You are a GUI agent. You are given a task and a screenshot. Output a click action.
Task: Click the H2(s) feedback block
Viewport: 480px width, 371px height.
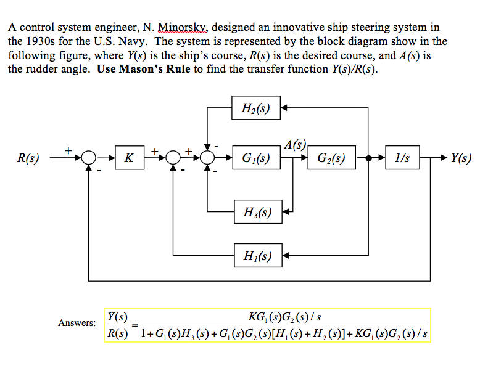point(256,110)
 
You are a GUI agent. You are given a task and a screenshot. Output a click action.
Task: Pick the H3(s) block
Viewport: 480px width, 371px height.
point(256,213)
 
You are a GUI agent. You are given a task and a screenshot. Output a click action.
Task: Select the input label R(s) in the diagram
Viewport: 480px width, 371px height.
point(27,158)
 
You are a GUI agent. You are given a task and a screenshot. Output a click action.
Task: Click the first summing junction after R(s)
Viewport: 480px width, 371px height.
point(89,158)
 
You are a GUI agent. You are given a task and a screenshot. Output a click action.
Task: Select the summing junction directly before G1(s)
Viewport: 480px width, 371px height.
point(208,158)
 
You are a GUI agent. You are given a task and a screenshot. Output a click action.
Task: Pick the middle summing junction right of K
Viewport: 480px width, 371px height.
point(173,158)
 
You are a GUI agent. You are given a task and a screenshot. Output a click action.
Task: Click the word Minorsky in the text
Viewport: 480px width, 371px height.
point(184,28)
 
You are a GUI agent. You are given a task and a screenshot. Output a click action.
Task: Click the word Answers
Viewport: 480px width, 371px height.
point(77,322)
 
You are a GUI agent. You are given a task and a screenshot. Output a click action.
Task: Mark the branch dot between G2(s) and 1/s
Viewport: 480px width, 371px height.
point(368,158)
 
